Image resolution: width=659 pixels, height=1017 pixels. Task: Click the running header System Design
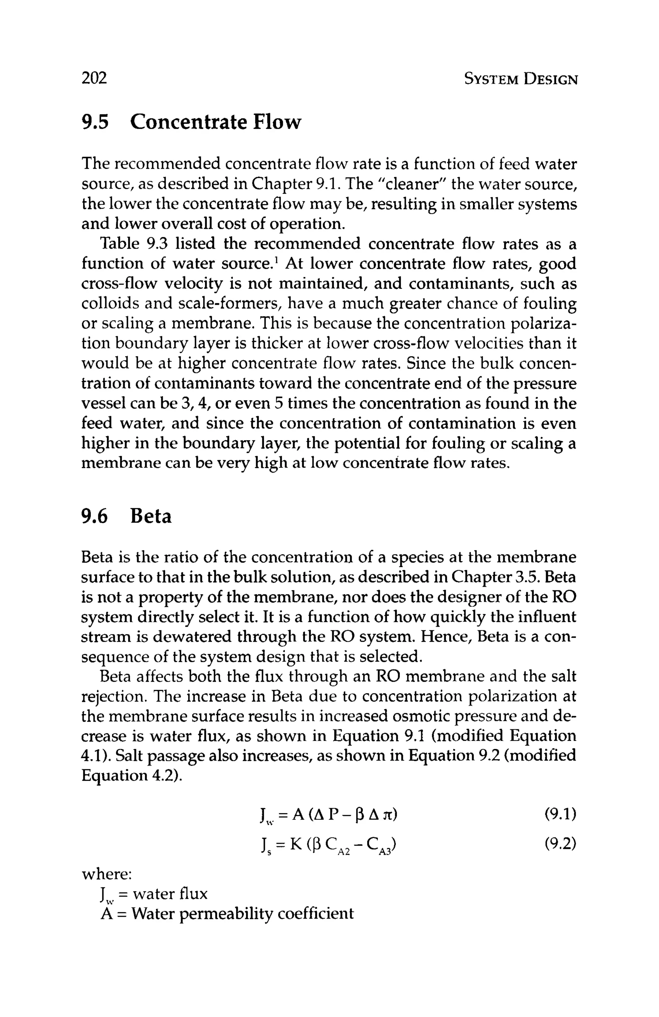click(x=520, y=80)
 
